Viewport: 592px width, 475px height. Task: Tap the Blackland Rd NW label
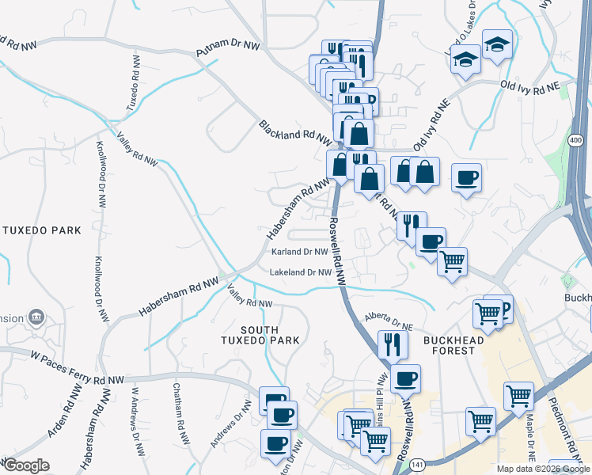coord(294,131)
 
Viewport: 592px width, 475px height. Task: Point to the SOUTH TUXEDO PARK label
coord(260,335)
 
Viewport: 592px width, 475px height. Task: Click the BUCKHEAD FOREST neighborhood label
coord(458,340)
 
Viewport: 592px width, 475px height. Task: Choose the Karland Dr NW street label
coord(299,253)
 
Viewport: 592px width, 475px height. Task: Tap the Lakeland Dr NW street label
coord(300,272)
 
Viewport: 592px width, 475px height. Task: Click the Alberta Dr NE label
coord(389,321)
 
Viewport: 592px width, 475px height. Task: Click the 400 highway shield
coord(575,140)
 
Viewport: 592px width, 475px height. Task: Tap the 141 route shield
coord(417,466)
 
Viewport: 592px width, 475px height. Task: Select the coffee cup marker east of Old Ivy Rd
coord(466,178)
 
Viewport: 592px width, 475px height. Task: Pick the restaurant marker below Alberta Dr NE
coord(393,344)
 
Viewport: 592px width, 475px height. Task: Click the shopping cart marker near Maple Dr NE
coord(518,396)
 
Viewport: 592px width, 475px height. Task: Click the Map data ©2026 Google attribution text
coord(542,469)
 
